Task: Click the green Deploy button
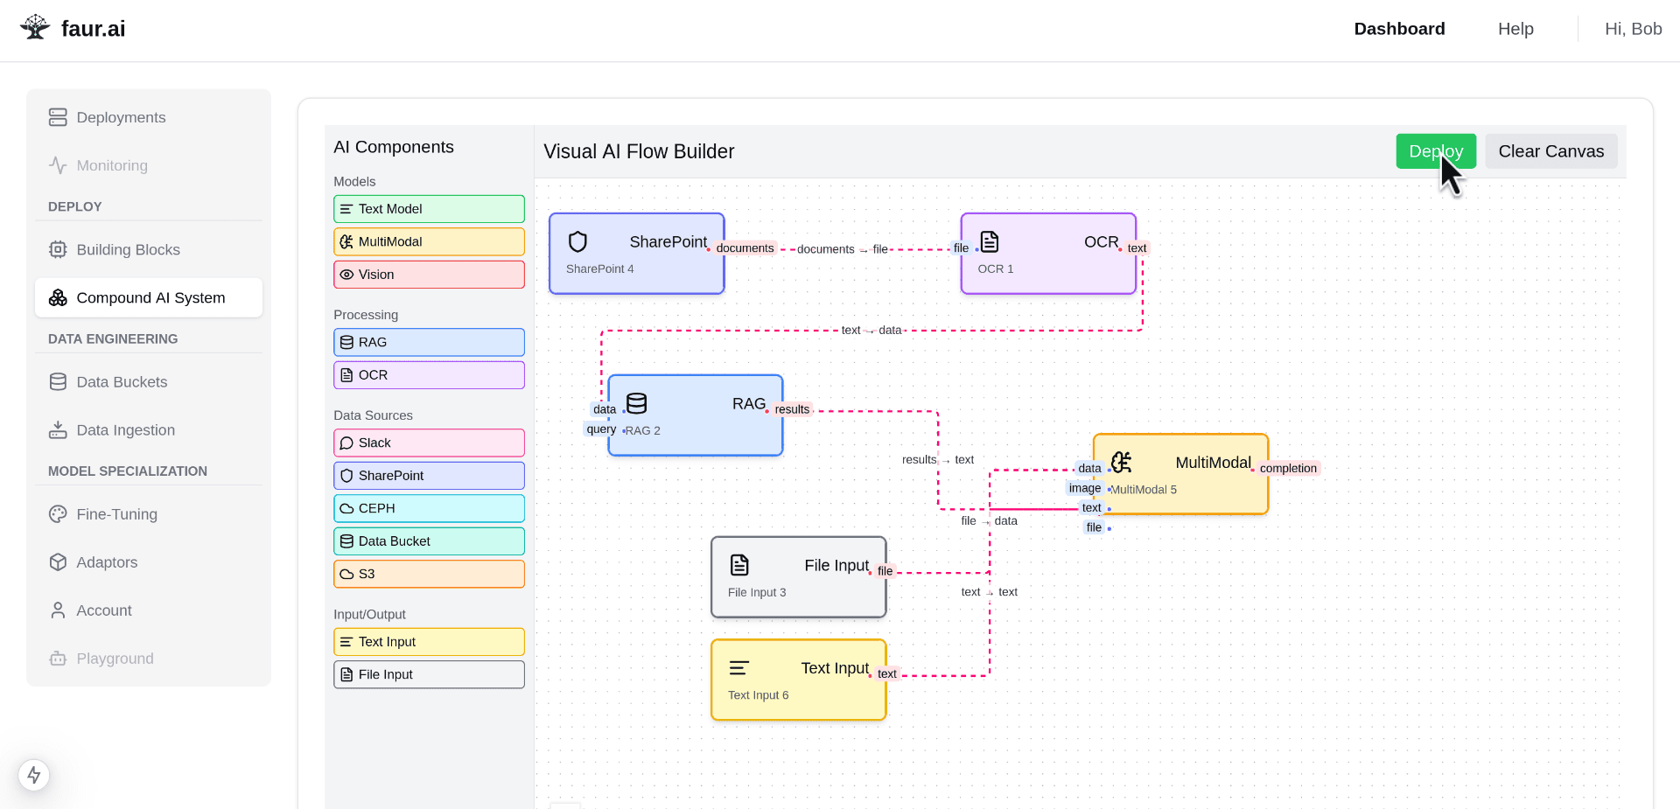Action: coord(1436,151)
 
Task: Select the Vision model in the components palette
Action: coord(429,275)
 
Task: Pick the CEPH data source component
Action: coord(429,508)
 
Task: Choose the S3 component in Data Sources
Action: coord(429,574)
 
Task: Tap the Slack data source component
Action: coord(429,443)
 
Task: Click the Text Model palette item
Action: coord(429,209)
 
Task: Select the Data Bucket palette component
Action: coord(429,541)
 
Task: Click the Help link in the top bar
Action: coord(1515,29)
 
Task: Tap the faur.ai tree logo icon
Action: coord(35,27)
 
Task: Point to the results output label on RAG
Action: coord(792,409)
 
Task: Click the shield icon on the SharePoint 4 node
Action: coord(577,241)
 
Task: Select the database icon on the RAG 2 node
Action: coord(637,403)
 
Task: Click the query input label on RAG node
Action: coord(601,429)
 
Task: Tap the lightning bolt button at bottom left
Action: coord(34,775)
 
